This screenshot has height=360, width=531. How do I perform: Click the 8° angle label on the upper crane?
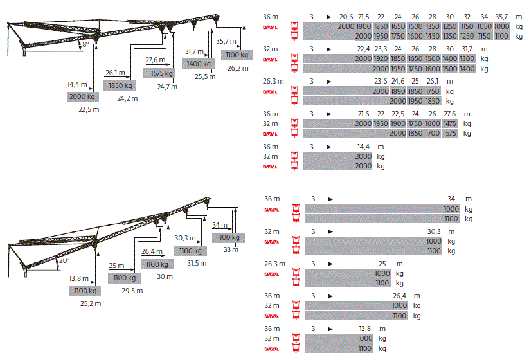pyautogui.click(x=85, y=44)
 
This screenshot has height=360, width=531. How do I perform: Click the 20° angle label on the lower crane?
pyautogui.click(x=64, y=260)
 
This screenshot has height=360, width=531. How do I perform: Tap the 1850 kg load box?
pyautogui.click(x=120, y=85)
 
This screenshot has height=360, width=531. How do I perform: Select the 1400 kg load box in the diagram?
pyautogui.click(x=198, y=64)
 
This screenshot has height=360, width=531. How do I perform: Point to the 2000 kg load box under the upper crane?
pyautogui.click(x=83, y=96)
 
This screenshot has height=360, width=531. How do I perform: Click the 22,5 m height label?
pyautogui.click(x=89, y=109)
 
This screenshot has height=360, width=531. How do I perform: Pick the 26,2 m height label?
pyautogui.click(x=238, y=68)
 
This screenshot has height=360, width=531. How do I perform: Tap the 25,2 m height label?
pyautogui.click(x=91, y=303)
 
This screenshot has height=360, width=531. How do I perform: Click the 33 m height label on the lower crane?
pyautogui.click(x=231, y=249)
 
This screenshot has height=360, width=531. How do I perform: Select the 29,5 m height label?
pyautogui.click(x=132, y=291)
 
